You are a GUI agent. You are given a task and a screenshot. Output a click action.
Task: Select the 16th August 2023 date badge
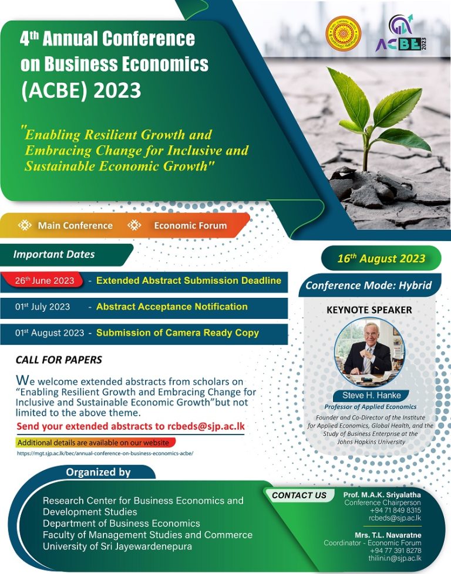click(x=381, y=259)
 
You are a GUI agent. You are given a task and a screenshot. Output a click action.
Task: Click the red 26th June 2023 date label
click(x=45, y=280)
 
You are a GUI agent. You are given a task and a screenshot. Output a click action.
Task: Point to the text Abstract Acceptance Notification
click(x=172, y=307)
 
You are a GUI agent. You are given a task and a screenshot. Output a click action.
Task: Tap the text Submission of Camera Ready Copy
click(x=177, y=333)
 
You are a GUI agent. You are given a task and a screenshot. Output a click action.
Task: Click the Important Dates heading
click(x=54, y=254)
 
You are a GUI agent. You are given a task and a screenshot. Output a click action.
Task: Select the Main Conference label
click(x=75, y=225)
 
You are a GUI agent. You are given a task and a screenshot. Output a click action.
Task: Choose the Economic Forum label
click(x=190, y=225)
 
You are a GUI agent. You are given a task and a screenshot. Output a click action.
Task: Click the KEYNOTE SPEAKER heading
click(x=369, y=310)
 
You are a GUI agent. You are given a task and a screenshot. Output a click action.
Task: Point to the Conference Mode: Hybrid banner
click(x=369, y=286)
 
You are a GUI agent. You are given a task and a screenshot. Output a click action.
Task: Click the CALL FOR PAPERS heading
click(x=59, y=359)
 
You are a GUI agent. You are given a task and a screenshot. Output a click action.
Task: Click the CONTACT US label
click(x=299, y=495)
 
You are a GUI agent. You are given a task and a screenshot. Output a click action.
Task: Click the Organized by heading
click(x=98, y=472)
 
